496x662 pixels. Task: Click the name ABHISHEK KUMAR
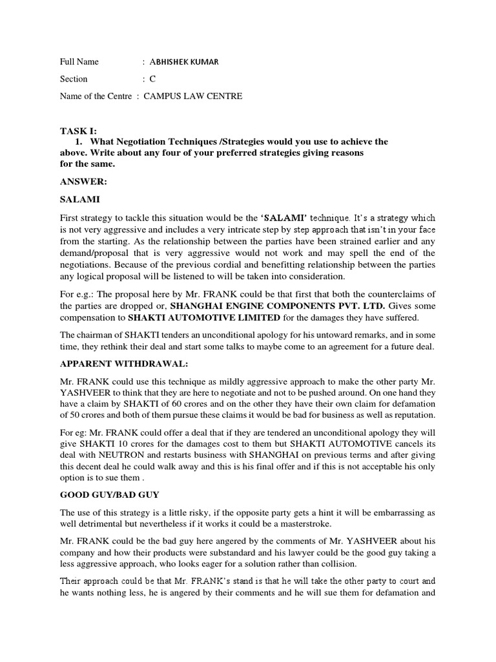pos(184,62)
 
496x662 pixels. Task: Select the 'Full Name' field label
pos(79,62)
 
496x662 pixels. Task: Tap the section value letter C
pos(152,79)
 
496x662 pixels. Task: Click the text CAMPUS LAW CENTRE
pos(193,96)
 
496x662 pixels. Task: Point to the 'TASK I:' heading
pos(77,131)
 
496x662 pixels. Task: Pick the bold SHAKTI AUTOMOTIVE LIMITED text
pos(205,317)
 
